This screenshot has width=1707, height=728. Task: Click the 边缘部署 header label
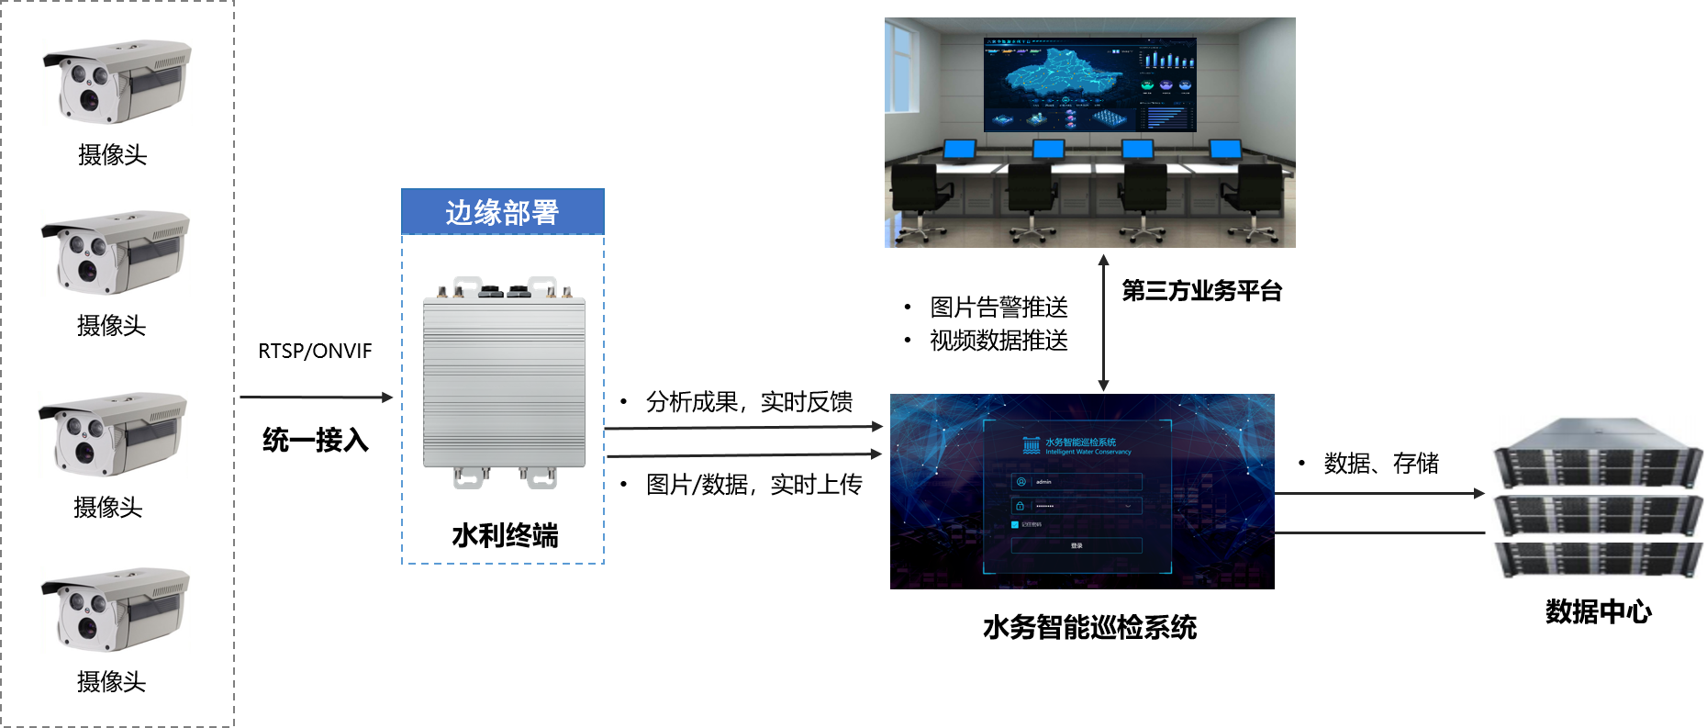point(502,212)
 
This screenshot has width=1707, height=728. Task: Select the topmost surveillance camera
point(117,82)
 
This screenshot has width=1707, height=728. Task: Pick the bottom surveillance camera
point(116,610)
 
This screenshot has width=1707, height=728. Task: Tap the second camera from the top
point(116,252)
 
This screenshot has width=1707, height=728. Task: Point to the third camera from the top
point(113,434)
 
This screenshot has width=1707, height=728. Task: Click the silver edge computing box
point(504,382)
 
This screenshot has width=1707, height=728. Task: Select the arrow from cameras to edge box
point(316,398)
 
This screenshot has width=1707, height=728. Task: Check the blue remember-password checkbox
point(1015,525)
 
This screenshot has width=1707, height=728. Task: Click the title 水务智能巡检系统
point(1080,442)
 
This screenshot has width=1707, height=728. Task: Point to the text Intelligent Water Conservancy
point(1088,452)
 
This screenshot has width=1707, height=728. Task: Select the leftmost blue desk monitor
point(960,149)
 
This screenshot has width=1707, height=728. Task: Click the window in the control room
point(900,68)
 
